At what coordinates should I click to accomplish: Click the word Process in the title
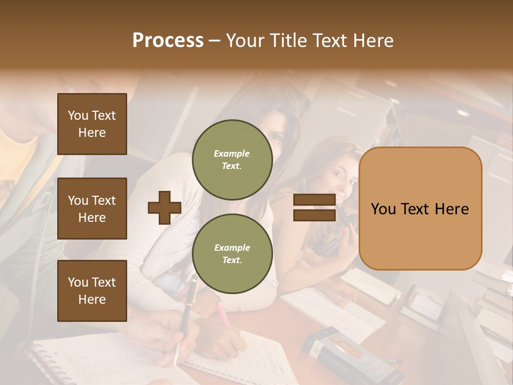pos(168,41)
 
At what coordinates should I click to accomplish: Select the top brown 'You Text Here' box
pos(92,124)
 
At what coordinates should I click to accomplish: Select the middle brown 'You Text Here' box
pos(92,209)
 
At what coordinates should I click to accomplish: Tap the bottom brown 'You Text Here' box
pos(92,290)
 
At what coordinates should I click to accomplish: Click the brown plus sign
pos(164,207)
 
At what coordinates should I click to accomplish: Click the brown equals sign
pos(314,207)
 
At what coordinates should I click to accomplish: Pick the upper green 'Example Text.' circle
pos(232,159)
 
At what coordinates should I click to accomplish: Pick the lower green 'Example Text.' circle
pos(232,253)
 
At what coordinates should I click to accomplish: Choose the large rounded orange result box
pos(420,208)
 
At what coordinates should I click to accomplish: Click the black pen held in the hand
pos(185,315)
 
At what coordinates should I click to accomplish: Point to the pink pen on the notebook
pos(222,313)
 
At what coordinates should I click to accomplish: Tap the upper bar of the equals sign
pos(314,200)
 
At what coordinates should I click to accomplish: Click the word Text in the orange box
pos(420,209)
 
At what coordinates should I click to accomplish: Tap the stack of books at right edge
pos(494,299)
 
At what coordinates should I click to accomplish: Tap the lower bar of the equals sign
pos(314,215)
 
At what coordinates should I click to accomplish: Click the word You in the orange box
pos(384,209)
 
